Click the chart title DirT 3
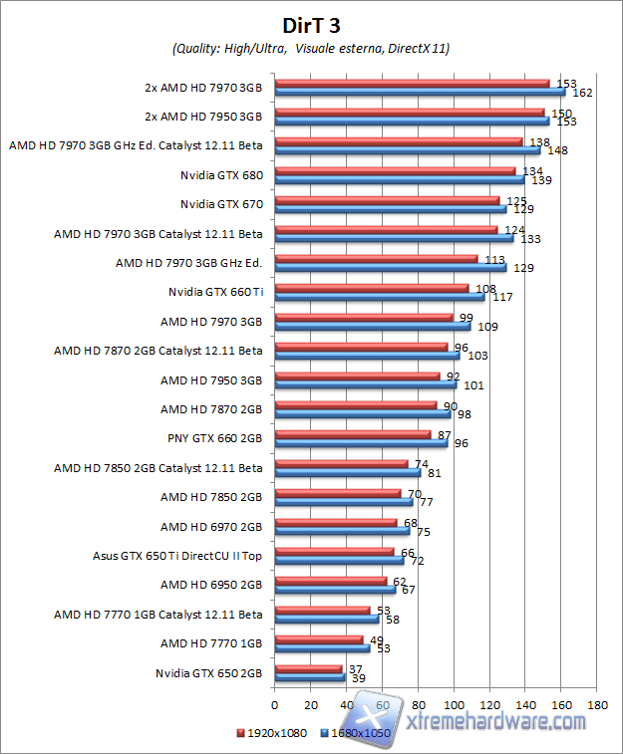(x=311, y=23)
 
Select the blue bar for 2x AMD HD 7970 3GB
(x=419, y=92)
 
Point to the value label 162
(x=583, y=93)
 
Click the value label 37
(x=355, y=669)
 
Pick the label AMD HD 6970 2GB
(x=211, y=526)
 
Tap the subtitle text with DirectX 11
(x=311, y=48)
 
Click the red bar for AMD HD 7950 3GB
(x=356, y=377)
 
